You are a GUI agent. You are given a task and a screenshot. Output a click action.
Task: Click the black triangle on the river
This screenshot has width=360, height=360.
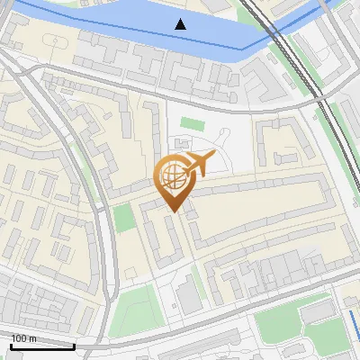tap(181, 23)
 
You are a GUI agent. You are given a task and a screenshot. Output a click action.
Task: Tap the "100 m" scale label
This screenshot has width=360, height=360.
tap(24, 338)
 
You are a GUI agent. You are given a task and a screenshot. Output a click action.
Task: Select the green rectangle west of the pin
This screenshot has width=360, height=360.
tap(123, 219)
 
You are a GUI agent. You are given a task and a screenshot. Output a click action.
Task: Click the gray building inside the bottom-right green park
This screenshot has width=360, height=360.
tap(318, 312)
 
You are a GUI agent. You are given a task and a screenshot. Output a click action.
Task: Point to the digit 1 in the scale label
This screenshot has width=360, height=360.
tap(13, 338)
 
